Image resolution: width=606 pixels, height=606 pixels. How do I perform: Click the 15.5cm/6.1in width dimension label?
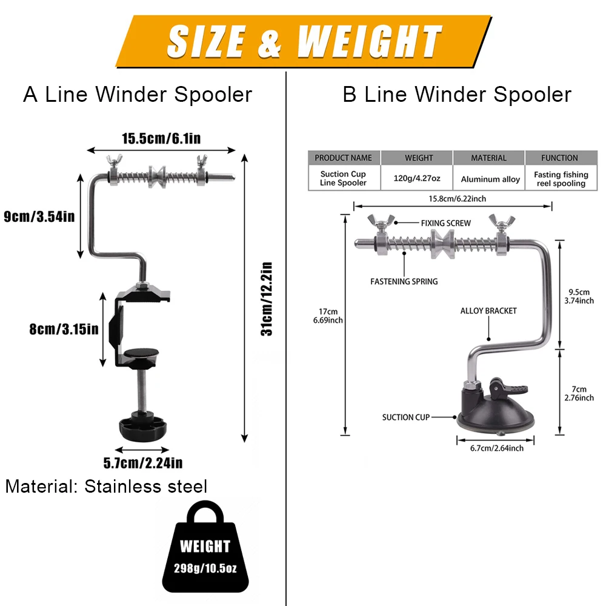(x=161, y=139)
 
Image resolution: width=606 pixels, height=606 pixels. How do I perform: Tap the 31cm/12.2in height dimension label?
(x=267, y=298)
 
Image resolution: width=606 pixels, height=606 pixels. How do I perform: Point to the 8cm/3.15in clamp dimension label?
(x=64, y=329)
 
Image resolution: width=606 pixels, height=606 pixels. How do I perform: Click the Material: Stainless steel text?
(x=106, y=487)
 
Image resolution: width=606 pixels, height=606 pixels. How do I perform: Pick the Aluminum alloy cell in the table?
(x=490, y=179)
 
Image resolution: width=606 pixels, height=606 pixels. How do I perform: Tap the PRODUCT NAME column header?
(x=344, y=158)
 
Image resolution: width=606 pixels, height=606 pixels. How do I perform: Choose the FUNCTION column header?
(x=560, y=158)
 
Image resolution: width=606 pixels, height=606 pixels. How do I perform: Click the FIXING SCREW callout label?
(x=445, y=224)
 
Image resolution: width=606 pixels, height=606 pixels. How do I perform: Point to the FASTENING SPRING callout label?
(x=404, y=281)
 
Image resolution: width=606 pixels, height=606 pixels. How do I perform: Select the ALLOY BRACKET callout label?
(x=488, y=311)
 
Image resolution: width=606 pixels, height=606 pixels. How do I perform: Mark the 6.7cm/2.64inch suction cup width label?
(x=497, y=448)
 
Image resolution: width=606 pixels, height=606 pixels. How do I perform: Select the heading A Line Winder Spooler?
(x=138, y=95)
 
